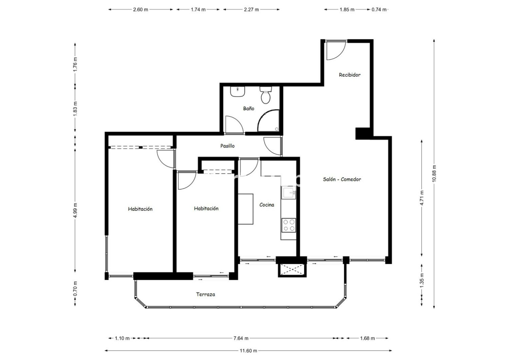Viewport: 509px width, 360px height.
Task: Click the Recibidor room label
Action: (x=349, y=75)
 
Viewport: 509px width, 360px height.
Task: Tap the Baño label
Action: (x=249, y=109)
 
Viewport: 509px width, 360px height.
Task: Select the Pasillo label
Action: (x=227, y=146)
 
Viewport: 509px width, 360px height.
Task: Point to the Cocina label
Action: (x=267, y=205)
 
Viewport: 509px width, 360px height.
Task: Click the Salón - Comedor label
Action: (x=342, y=179)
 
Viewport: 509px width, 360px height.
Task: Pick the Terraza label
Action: (x=205, y=294)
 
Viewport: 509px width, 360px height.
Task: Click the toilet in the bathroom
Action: (x=265, y=95)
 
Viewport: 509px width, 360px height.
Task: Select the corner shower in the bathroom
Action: (x=268, y=121)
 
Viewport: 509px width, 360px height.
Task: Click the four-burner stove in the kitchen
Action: (x=289, y=225)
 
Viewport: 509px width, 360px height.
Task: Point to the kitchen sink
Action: (x=289, y=193)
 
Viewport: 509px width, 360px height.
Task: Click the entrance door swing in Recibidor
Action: (x=336, y=50)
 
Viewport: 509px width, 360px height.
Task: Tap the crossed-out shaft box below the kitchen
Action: (x=292, y=270)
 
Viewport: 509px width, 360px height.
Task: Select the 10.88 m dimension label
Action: (x=434, y=173)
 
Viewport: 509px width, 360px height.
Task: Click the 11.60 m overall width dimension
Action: (x=248, y=351)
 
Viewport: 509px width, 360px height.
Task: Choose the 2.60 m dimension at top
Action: (x=140, y=10)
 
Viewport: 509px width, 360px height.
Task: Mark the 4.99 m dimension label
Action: (x=75, y=210)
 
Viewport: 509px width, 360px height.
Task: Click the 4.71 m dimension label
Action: (x=422, y=198)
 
